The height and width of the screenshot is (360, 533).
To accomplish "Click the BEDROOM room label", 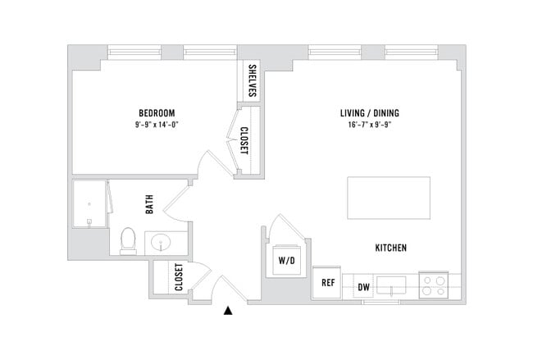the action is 157,113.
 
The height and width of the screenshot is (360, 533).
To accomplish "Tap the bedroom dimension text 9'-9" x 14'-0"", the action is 157,125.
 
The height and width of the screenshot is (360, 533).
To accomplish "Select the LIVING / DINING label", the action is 370,113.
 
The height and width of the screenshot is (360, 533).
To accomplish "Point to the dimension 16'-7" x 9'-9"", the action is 370,125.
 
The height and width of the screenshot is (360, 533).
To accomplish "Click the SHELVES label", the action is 253,80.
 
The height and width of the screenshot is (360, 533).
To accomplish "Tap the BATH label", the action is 149,204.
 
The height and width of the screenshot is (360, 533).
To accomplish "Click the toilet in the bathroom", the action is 128,241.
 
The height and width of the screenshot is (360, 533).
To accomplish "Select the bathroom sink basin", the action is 161,243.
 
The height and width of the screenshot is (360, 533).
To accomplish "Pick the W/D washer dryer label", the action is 286,261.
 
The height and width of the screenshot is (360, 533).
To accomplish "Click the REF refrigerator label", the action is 328,282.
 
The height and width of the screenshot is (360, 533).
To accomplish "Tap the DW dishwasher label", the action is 364,287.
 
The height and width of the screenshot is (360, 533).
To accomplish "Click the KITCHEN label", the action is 391,248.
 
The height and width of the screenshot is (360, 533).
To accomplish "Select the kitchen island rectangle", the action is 389,198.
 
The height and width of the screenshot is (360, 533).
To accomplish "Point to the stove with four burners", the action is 434,285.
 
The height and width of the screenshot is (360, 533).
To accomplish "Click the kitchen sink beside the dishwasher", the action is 391,285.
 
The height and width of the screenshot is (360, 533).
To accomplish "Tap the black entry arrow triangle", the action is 228,311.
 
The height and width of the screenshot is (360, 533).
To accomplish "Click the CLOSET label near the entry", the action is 179,277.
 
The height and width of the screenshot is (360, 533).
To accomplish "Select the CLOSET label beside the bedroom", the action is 244,141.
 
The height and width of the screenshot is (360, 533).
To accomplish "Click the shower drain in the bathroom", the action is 89,204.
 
